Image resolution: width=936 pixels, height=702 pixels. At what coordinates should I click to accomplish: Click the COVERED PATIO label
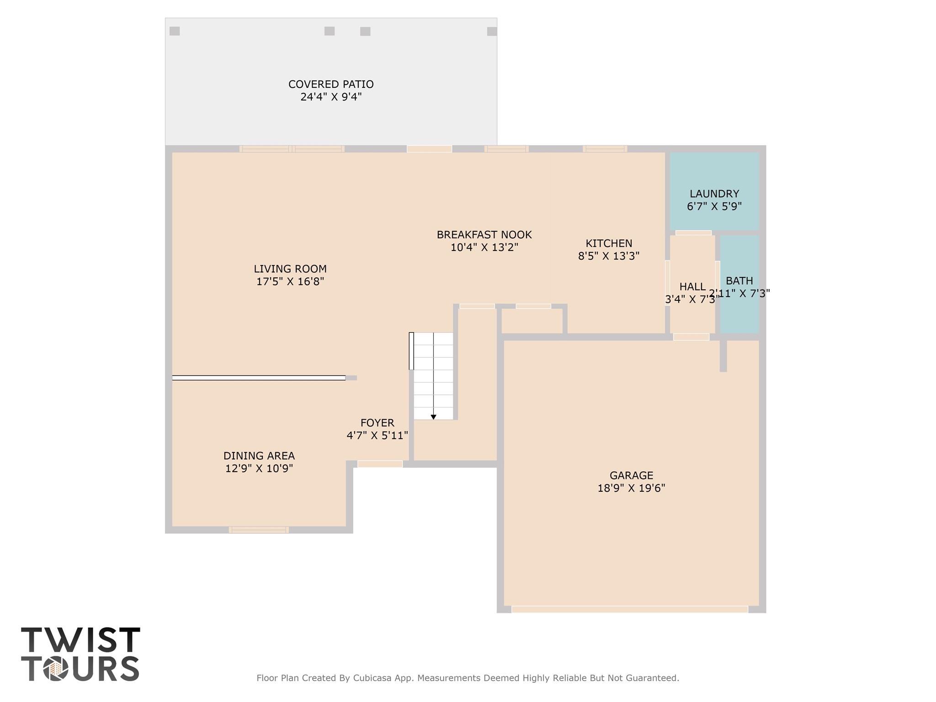pyautogui.click(x=331, y=84)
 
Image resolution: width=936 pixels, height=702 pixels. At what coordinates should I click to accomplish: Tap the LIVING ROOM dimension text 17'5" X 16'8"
pyautogui.click(x=290, y=282)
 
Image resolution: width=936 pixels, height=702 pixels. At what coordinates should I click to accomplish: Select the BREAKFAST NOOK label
pyautogui.click(x=484, y=234)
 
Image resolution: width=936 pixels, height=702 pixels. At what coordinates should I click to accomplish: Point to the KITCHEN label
pyautogui.click(x=609, y=243)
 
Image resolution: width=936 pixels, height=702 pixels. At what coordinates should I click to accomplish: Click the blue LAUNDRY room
pyautogui.click(x=714, y=191)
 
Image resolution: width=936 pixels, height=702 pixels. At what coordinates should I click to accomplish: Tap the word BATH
pyautogui.click(x=739, y=281)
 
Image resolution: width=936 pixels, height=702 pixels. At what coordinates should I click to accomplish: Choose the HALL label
pyautogui.click(x=692, y=287)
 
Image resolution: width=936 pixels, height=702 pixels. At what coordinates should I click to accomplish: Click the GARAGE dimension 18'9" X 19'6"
pyautogui.click(x=631, y=488)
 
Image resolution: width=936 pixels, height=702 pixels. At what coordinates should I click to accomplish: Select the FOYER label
pyautogui.click(x=377, y=423)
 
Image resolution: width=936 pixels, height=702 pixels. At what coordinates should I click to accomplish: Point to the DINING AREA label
pyautogui.click(x=259, y=456)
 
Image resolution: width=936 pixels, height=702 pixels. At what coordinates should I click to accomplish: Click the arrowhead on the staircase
pyautogui.click(x=433, y=417)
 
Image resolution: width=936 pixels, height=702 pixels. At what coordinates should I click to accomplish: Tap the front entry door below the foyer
pyautogui.click(x=380, y=464)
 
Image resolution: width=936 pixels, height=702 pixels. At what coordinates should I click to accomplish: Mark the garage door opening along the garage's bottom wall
pyautogui.click(x=630, y=609)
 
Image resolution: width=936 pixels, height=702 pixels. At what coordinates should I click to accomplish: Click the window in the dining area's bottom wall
pyautogui.click(x=259, y=530)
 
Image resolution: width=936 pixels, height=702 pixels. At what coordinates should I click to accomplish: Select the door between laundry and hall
pyautogui.click(x=693, y=233)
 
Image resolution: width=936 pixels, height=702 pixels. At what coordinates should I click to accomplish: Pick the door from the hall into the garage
pyautogui.click(x=691, y=337)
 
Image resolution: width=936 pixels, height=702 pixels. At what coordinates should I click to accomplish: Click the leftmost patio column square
pyautogui.click(x=175, y=31)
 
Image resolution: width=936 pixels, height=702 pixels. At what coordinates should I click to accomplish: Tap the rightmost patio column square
pyautogui.click(x=492, y=32)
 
